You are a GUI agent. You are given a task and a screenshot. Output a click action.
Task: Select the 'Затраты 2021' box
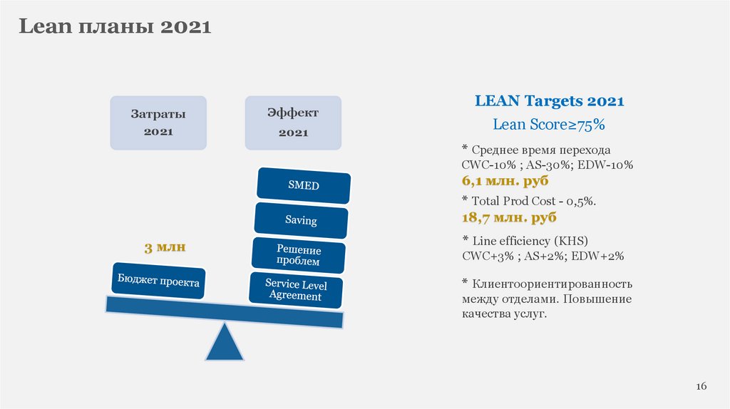click(158, 123)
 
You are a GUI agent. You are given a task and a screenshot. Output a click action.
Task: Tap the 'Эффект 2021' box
click(293, 123)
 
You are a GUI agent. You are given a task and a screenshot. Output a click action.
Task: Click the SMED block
click(304, 185)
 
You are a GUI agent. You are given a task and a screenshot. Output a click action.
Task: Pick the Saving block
click(301, 220)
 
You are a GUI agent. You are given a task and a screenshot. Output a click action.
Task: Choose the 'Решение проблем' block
click(299, 256)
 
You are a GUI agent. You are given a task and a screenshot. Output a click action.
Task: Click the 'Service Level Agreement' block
click(295, 289)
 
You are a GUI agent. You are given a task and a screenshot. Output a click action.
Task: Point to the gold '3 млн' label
click(165, 248)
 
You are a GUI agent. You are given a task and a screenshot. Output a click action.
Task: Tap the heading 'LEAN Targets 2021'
click(549, 101)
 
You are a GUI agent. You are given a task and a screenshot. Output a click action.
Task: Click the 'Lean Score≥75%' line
click(549, 125)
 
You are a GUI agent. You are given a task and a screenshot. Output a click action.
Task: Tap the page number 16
click(701, 385)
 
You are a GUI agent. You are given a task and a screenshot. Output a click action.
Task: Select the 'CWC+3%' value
click(485, 255)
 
